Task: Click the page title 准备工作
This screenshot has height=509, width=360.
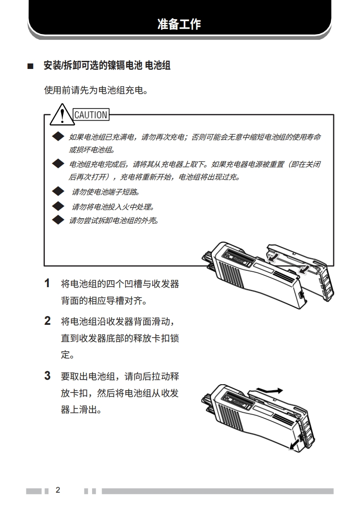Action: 180,24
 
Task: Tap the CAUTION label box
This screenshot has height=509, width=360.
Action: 91,115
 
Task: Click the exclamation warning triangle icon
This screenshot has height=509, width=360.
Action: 62,115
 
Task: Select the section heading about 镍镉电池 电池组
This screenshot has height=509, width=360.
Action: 107,65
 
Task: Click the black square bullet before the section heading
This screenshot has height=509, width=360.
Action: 30,67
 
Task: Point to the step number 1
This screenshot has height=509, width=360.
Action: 47,283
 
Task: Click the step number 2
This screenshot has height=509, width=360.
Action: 47,321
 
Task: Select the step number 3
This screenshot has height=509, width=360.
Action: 47,376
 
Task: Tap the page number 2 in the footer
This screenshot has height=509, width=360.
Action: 58,490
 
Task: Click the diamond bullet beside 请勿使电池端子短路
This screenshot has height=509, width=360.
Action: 58,191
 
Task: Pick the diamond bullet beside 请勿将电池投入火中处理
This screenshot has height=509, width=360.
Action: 58,206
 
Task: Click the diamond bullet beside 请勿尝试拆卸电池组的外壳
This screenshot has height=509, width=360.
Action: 58,220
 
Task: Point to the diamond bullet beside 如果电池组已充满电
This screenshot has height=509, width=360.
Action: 58,137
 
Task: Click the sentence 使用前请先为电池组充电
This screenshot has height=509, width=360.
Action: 96,90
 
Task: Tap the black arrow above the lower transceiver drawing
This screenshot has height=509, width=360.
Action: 269,391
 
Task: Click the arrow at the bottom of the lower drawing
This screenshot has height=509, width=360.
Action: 294,445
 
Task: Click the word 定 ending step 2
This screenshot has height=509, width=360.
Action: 65,354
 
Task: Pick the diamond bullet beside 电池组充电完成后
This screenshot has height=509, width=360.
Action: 58,164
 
